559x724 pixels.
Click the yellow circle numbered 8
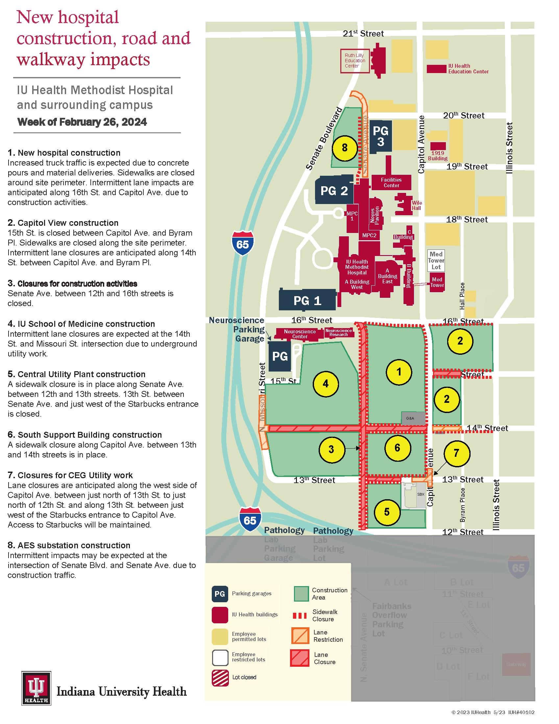tap(344, 148)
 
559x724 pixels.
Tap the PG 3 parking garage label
tap(380, 136)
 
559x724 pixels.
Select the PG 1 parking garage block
tap(307, 300)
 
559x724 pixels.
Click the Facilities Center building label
tap(391, 183)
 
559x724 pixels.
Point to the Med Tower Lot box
tap(436, 261)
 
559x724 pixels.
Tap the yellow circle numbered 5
tap(387, 512)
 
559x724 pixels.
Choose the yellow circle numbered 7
tap(456, 453)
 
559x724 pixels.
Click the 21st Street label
tap(363, 34)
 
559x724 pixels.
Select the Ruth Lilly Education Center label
tap(355, 61)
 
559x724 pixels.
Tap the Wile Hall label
tap(417, 206)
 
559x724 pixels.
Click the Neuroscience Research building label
tap(338, 332)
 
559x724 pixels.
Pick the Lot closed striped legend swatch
tap(220, 678)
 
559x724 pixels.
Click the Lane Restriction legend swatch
tap(300, 636)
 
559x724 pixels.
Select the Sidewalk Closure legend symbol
tap(300, 616)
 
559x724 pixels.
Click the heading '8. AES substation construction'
tap(69, 545)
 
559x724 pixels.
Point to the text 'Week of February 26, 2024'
tap(82, 122)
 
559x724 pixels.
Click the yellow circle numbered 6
tap(397, 448)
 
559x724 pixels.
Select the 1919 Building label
tap(437, 155)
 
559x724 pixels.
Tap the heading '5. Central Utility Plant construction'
tap(77, 374)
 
